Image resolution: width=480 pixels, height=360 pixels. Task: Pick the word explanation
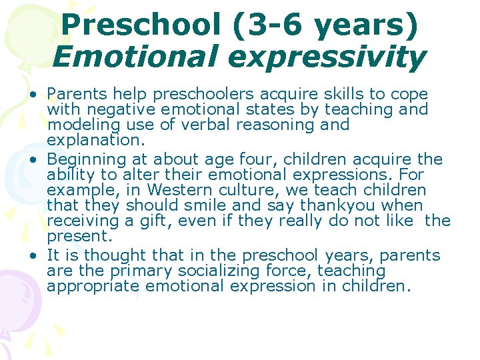92,141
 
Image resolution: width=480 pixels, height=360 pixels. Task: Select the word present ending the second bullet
77,237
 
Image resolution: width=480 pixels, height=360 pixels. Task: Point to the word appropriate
93,287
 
